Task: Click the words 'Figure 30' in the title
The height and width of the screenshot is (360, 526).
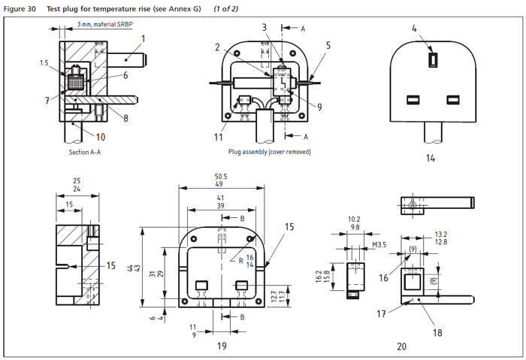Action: tap(20, 8)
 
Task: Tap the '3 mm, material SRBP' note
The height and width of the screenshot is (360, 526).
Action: tap(110, 25)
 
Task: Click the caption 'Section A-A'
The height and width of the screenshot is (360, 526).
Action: tap(85, 151)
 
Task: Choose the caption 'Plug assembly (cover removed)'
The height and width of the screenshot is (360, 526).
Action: tap(271, 151)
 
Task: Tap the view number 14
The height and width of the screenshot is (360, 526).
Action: tap(431, 159)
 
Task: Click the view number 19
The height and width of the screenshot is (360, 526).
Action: tap(222, 346)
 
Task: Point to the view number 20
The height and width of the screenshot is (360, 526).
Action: tap(402, 346)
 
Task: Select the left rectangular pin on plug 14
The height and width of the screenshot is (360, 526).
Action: tap(413, 99)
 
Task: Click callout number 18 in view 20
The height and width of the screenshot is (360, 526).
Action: tap(437, 309)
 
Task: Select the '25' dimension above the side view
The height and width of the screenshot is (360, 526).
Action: tap(77, 180)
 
